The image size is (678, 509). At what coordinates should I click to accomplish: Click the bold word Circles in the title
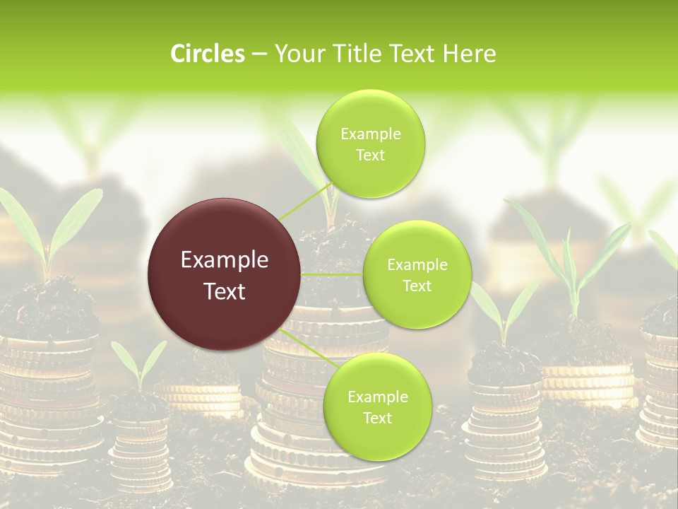point(207,54)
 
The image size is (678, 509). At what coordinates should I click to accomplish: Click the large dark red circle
point(225,274)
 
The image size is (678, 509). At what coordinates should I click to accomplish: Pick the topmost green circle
point(370,144)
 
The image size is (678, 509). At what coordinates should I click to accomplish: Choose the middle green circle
point(417,275)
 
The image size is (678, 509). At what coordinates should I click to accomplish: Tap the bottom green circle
point(377,407)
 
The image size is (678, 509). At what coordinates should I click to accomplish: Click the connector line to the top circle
point(305,201)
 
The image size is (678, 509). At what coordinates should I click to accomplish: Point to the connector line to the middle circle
point(332,274)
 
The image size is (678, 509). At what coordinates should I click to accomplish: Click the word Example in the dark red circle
point(225,260)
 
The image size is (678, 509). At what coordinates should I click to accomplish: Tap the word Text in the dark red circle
point(225,291)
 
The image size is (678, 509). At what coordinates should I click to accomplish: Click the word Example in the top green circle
point(370,134)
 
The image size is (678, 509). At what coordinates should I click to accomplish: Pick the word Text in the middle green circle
point(417,286)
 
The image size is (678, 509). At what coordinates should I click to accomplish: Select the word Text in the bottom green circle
point(377,418)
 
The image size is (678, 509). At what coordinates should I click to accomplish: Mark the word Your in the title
point(297,54)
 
